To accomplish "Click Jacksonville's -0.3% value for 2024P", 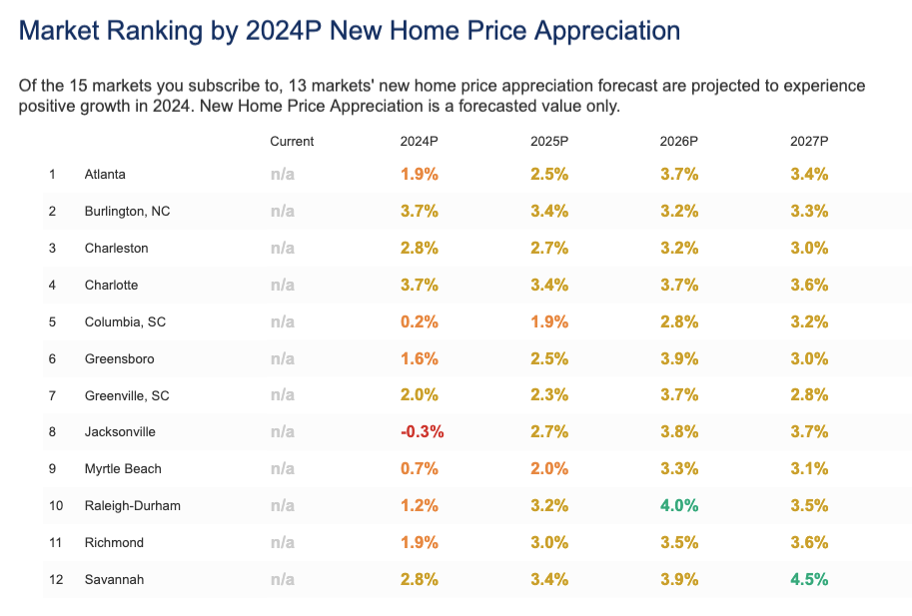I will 422,432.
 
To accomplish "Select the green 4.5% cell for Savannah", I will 808,580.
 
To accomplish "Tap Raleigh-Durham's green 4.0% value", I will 678,506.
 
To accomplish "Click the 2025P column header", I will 548,142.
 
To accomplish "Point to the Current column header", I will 292,142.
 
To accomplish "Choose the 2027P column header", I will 808,142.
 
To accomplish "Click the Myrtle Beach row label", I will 123,469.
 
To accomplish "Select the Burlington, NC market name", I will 127,212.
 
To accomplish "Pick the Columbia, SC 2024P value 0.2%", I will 419,321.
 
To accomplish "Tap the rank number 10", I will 55,506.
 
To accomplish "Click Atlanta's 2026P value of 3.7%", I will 678,175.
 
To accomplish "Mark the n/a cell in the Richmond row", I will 283,543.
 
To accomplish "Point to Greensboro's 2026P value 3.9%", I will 678,358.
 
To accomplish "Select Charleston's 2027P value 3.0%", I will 808,249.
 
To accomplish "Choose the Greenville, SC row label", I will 127,395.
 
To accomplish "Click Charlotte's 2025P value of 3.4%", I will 548,285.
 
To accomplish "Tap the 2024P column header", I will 419,142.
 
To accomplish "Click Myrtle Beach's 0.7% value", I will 419,469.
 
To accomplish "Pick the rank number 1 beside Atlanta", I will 52,175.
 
